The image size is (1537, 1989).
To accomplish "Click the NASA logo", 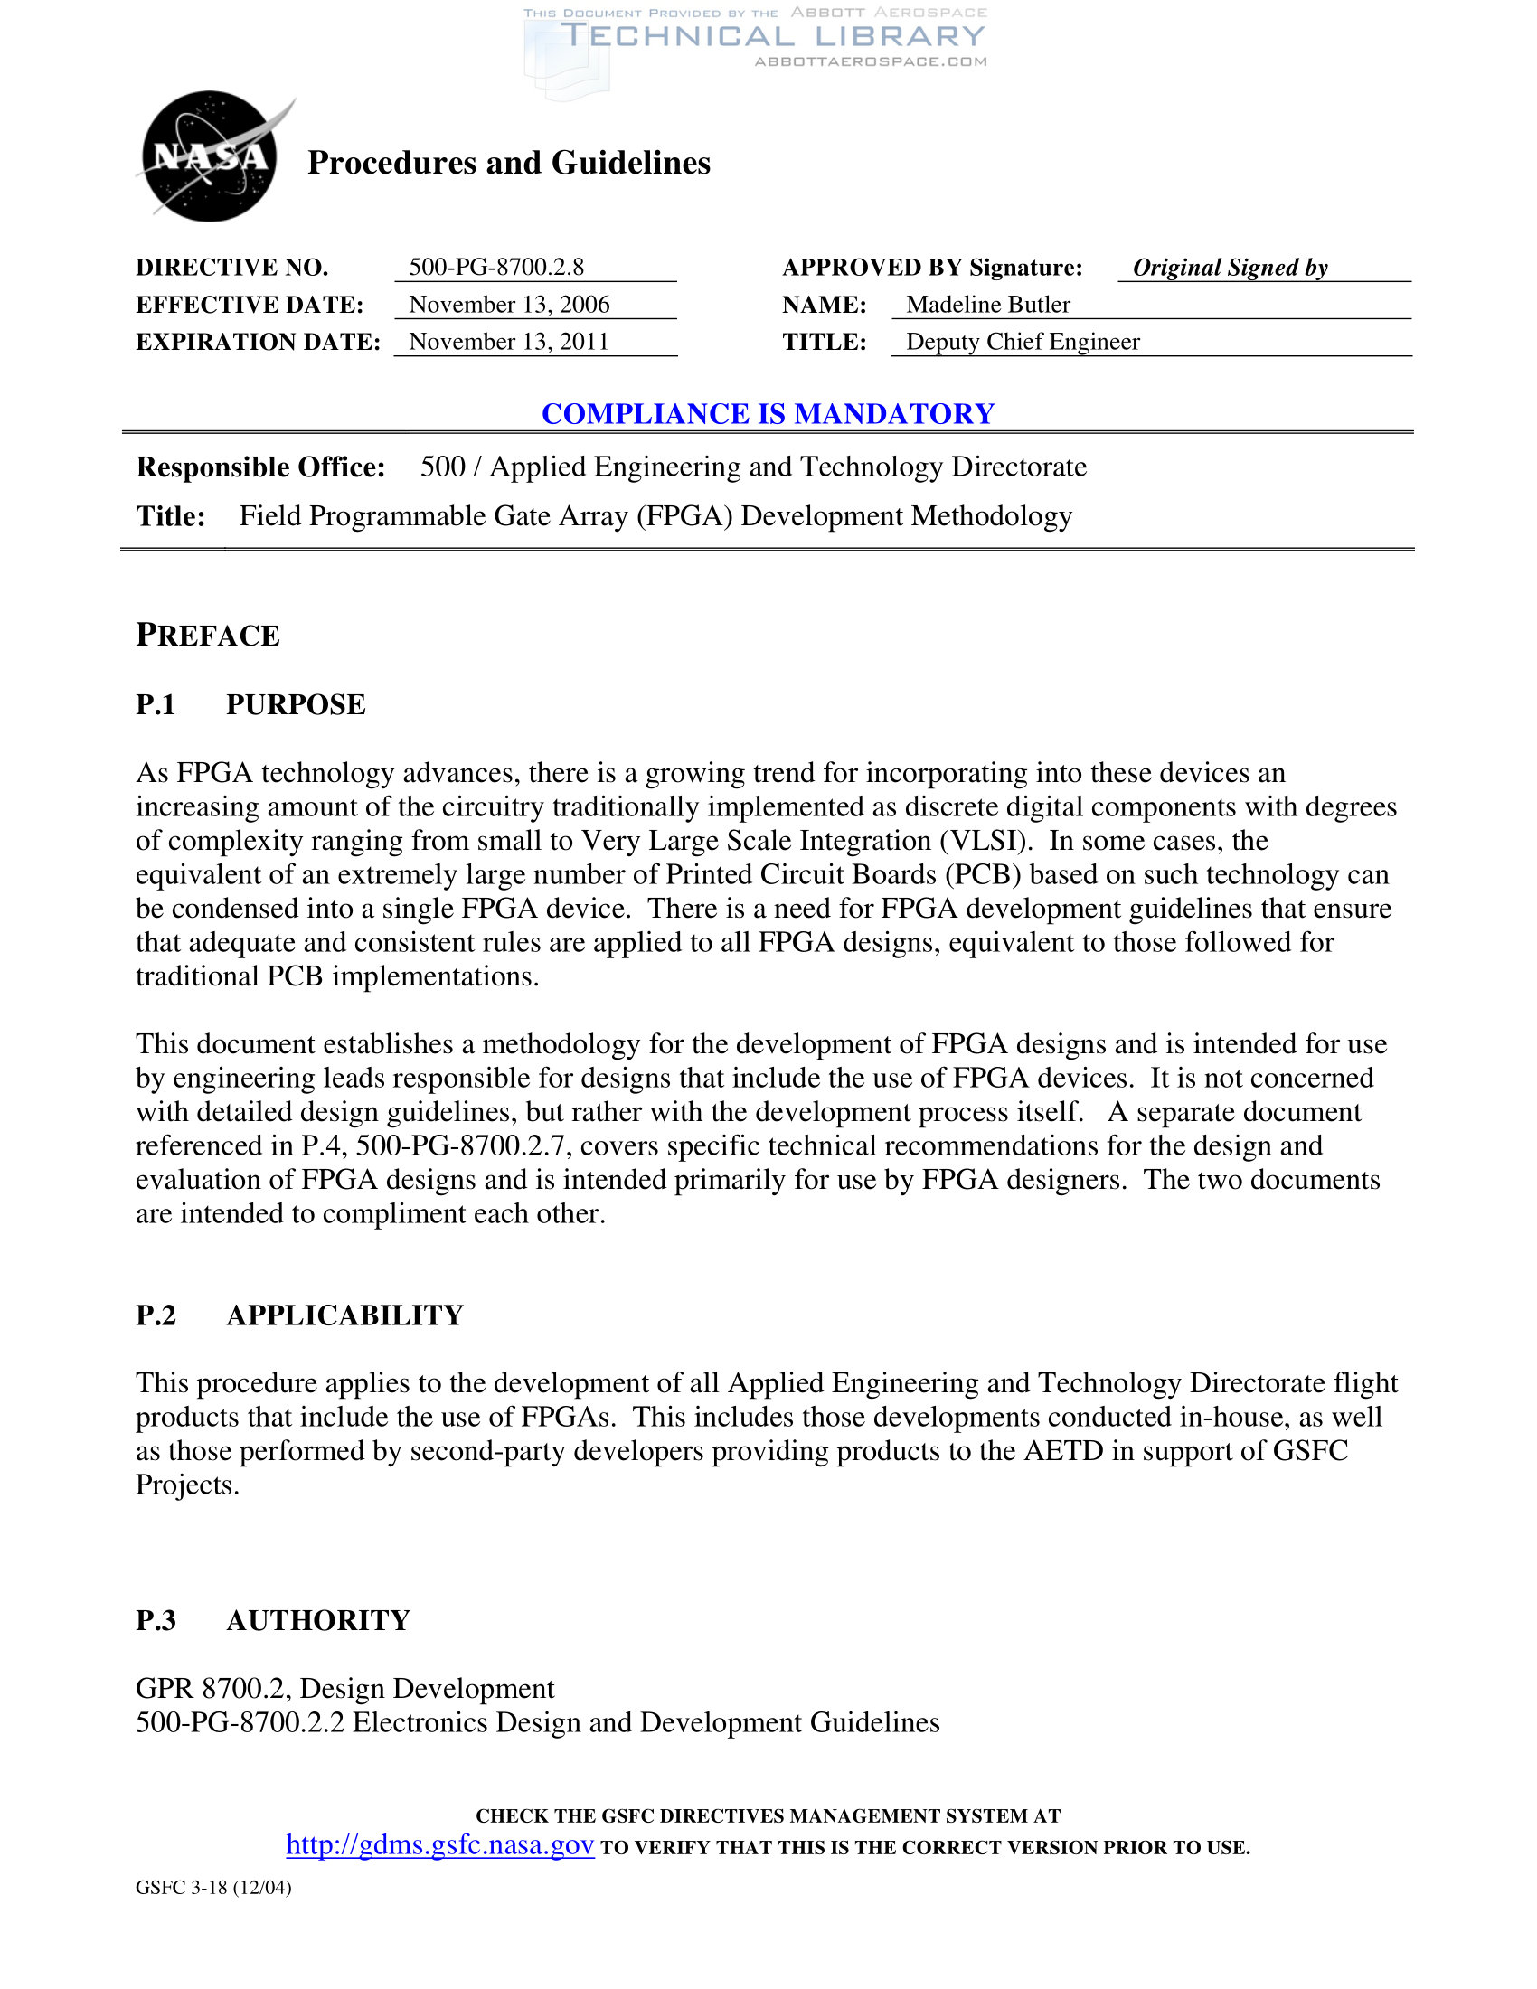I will click(x=211, y=156).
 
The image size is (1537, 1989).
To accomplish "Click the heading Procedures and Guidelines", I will click(x=508, y=163).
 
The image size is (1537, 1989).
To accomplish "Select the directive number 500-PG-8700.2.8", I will click(x=496, y=267).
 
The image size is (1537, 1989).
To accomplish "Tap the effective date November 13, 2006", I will click(x=509, y=304).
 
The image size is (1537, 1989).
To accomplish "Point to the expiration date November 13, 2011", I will click(x=508, y=342).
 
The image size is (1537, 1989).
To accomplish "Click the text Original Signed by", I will click(x=1230, y=268).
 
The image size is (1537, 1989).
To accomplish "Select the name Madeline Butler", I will click(x=988, y=304).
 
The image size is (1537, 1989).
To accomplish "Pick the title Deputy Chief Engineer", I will click(x=1023, y=342).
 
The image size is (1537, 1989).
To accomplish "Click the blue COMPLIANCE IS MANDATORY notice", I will click(x=768, y=413).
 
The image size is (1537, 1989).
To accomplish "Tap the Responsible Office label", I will click(x=260, y=467).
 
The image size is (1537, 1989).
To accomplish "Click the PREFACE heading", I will click(x=208, y=636).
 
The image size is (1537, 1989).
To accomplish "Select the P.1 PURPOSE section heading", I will click(x=250, y=705).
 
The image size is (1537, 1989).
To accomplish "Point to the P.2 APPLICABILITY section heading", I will click(x=299, y=1315).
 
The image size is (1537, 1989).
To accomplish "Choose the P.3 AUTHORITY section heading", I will click(x=273, y=1620).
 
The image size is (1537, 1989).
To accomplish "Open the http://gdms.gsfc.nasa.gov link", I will click(x=439, y=1845).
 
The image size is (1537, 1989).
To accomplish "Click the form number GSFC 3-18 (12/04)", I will click(x=213, y=1888).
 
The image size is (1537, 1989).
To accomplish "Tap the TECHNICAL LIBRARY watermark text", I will click(x=773, y=36).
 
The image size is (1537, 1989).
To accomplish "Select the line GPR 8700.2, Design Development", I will click(x=344, y=1689).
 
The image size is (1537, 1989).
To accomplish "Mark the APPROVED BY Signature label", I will click(x=932, y=268).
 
